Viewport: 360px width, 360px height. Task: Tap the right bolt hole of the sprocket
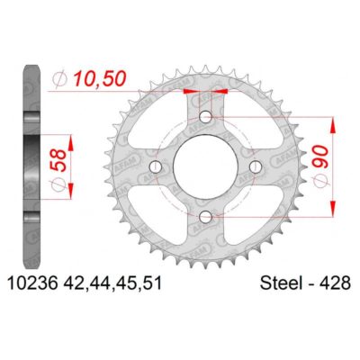[x=256, y=167]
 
